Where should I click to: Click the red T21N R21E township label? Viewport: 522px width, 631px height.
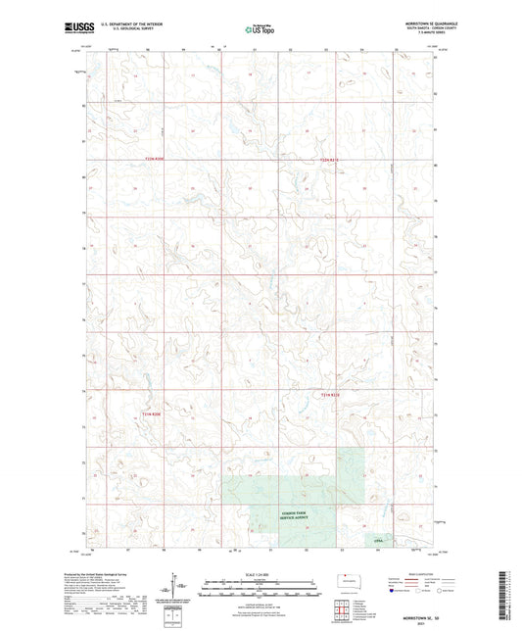331,395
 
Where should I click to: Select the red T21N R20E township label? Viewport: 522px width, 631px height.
150,413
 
